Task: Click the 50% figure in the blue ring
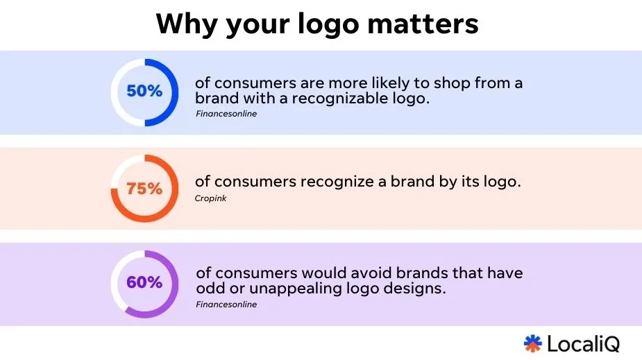144,92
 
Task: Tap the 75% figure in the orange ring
144,188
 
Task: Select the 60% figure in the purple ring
144,283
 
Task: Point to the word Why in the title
182,24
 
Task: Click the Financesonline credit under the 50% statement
226,113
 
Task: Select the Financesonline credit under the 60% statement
226,304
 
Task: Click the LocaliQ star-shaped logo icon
532,343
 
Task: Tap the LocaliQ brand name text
583,343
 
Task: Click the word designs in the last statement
419,289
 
